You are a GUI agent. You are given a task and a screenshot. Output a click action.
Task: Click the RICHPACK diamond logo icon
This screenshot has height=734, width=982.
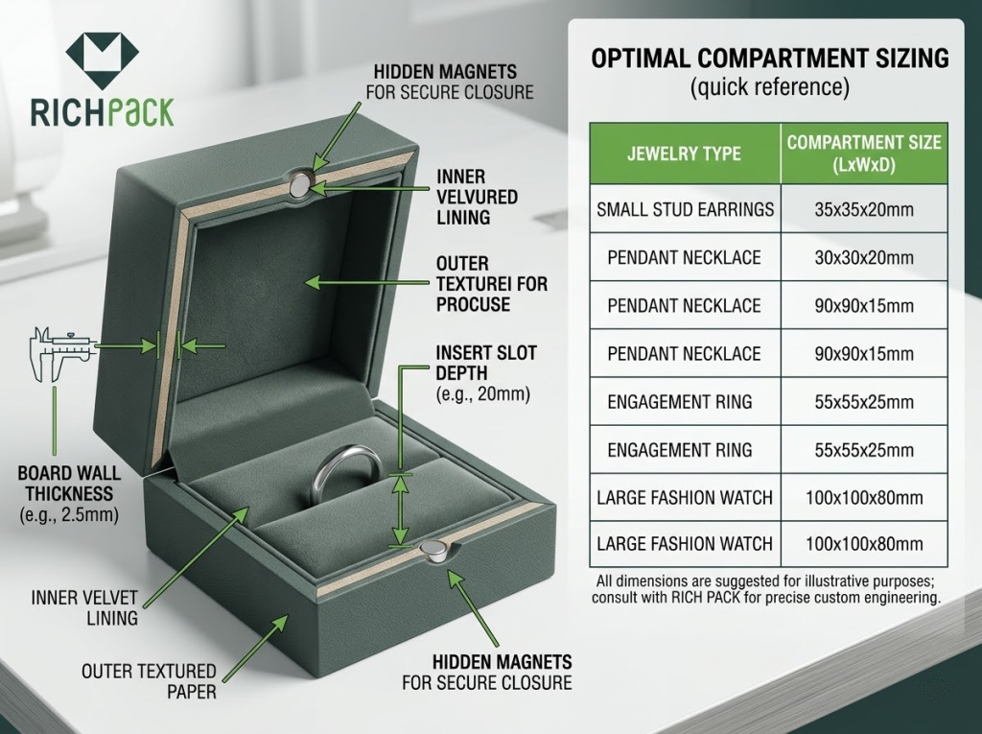pyautogui.click(x=102, y=60)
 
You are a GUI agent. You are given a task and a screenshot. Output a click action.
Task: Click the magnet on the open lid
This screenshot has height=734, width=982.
pyautogui.click(x=300, y=183)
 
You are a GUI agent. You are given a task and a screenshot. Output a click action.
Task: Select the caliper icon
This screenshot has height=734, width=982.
pyautogui.click(x=60, y=353)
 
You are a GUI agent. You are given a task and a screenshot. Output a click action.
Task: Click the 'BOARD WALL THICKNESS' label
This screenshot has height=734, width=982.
pyautogui.click(x=69, y=483)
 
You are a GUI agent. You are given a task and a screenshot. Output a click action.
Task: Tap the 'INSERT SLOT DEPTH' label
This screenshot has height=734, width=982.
pyautogui.click(x=486, y=363)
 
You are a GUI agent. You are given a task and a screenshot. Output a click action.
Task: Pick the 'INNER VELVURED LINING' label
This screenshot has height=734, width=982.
pyautogui.click(x=478, y=197)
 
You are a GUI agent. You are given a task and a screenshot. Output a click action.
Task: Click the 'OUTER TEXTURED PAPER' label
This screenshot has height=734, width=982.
pyautogui.click(x=149, y=681)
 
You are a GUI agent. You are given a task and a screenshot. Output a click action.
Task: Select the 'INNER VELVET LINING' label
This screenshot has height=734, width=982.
pyautogui.click(x=84, y=607)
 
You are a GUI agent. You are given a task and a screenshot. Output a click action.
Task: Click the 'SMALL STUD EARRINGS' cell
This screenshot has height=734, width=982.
pyautogui.click(x=685, y=209)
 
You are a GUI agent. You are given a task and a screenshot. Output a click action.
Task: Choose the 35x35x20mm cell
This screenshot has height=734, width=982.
pyautogui.click(x=864, y=209)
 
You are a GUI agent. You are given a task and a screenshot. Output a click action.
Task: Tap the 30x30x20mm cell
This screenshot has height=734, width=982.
pyautogui.click(x=864, y=258)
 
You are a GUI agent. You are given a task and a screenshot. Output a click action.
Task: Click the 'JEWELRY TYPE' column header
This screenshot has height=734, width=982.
pyautogui.click(x=685, y=154)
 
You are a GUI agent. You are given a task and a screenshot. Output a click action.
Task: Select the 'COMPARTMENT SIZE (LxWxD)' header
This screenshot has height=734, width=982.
pyautogui.click(x=864, y=154)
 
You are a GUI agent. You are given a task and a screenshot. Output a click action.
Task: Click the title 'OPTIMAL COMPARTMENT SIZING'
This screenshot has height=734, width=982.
pyautogui.click(x=770, y=59)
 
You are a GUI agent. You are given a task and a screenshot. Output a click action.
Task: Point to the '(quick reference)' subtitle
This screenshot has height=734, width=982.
pyautogui.click(x=770, y=86)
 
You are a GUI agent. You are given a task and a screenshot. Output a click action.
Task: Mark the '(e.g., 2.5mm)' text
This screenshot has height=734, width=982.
pyautogui.click(x=69, y=515)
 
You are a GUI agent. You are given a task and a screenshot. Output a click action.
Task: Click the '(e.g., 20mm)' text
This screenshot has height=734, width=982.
pyautogui.click(x=483, y=394)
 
